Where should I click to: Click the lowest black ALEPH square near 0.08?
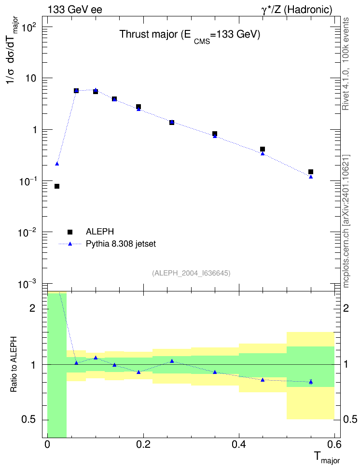click(57, 186)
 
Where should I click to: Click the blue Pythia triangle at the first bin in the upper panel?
click(57, 164)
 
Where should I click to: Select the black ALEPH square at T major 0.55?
click(311, 172)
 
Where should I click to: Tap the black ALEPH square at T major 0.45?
click(263, 149)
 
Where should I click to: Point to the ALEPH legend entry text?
click(99, 232)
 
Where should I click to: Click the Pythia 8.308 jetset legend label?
click(121, 244)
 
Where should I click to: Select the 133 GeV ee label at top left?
click(75, 10)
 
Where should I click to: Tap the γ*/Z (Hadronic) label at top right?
click(297, 10)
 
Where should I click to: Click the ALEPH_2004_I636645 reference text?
click(191, 273)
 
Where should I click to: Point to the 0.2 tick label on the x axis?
click(143, 445)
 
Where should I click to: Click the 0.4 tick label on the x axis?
click(239, 445)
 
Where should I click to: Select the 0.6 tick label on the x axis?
click(334, 445)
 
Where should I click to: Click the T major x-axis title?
click(327, 457)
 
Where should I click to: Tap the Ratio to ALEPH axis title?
click(14, 364)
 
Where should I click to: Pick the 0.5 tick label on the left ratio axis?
click(28, 420)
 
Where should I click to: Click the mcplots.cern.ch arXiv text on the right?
click(346, 221)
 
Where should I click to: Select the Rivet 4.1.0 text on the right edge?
click(346, 64)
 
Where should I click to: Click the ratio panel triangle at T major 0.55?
click(311, 382)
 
